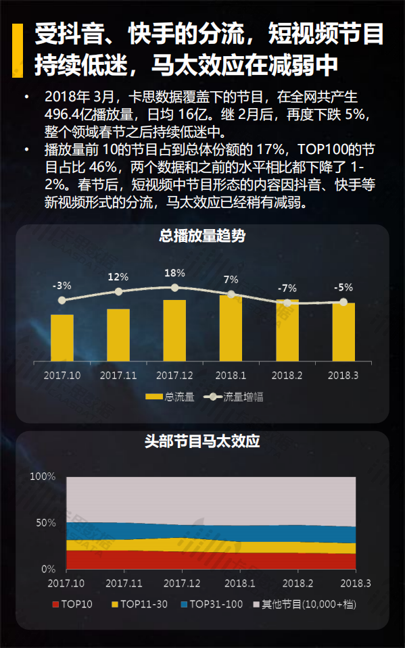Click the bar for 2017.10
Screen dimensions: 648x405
[x=62, y=337]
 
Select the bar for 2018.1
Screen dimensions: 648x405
[x=231, y=328]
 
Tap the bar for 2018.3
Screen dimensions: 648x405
[x=343, y=332]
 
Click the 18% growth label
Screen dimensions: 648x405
[x=174, y=273]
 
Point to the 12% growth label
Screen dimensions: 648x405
[x=118, y=277]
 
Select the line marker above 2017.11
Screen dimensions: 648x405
[x=118, y=291]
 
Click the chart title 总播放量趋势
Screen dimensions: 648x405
[x=202, y=236]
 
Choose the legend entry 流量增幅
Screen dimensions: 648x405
[x=236, y=397]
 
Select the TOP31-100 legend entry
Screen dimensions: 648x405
[x=212, y=604]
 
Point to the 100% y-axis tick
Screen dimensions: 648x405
[x=43, y=476]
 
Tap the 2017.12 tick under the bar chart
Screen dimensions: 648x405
[x=174, y=375]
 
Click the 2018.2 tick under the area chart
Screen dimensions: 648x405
[x=297, y=583]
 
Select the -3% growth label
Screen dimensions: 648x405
[x=62, y=286]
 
